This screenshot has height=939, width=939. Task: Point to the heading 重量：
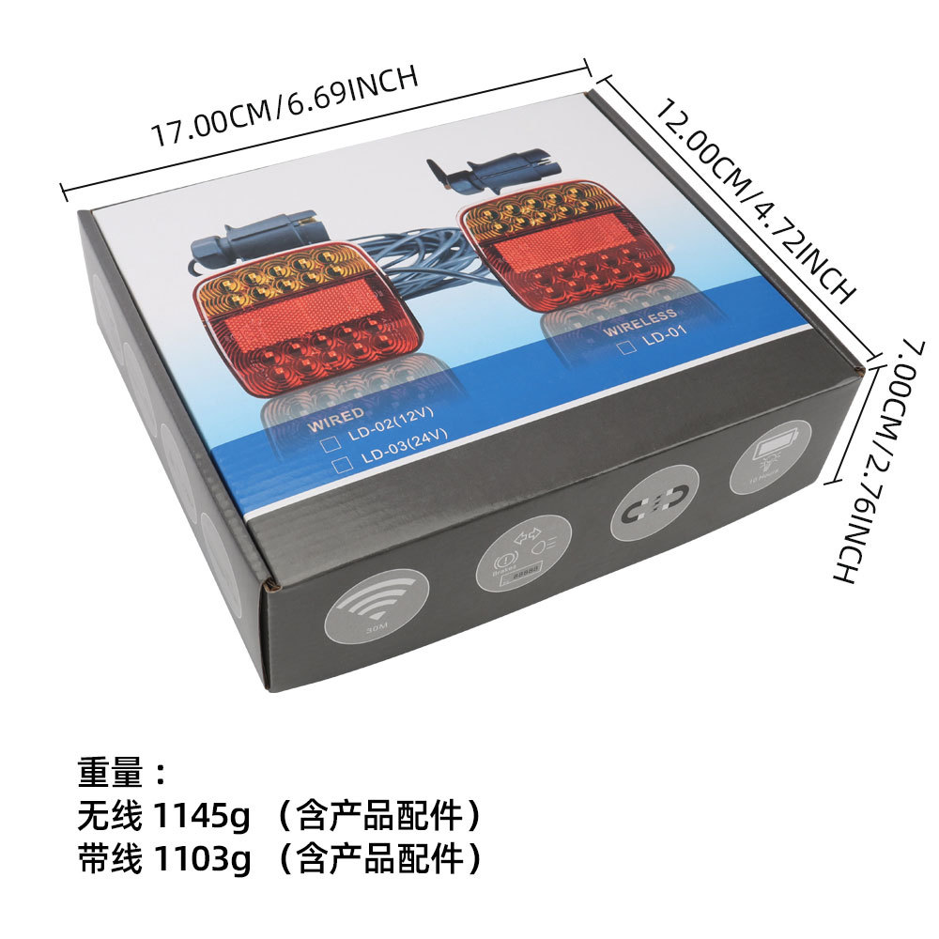pyautogui.click(x=122, y=775)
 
